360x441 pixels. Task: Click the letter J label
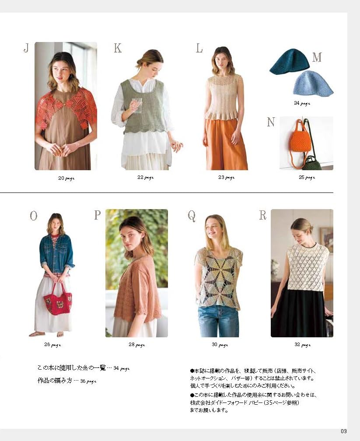[x=26, y=48]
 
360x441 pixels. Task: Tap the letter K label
[x=118, y=48]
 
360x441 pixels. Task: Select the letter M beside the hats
[x=317, y=57]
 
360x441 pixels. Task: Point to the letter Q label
[x=192, y=216]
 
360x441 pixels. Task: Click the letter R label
[x=263, y=215]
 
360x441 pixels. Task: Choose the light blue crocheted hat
[x=313, y=83]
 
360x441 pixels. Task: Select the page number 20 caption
[x=66, y=178]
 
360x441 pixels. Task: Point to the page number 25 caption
[x=307, y=178]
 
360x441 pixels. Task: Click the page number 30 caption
[x=220, y=345]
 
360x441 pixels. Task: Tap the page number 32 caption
[x=303, y=345]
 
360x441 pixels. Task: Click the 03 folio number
[x=344, y=431]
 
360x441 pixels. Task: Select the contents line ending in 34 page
[x=84, y=368]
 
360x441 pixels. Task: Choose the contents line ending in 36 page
[x=67, y=381]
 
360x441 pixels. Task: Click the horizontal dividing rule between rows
[x=167, y=192]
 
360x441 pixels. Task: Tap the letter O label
[x=34, y=216]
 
